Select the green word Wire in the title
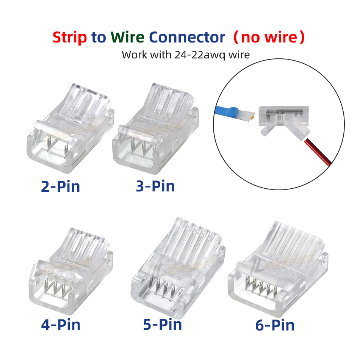pyautogui.click(x=127, y=37)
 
